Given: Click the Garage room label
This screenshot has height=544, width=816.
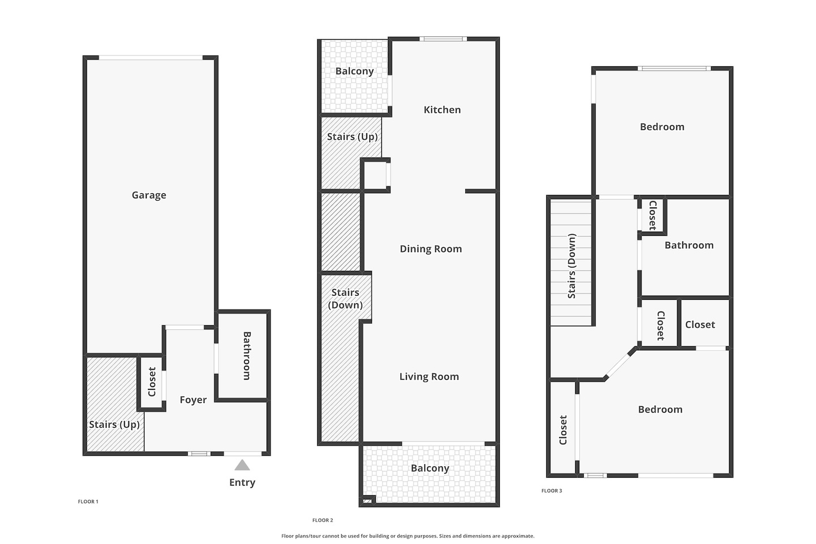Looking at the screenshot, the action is click(148, 195).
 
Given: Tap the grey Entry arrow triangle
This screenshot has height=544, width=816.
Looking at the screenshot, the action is click(243, 465).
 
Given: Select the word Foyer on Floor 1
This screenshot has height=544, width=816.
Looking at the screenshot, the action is click(193, 399).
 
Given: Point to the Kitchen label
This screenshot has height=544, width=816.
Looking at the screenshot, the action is click(442, 110).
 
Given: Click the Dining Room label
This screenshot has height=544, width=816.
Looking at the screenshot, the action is click(431, 249).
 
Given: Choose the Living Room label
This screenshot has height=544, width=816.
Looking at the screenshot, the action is click(429, 376).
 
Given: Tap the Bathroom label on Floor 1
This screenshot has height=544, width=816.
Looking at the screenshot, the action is click(247, 356).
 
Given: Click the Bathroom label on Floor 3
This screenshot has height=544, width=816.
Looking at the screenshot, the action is click(689, 245).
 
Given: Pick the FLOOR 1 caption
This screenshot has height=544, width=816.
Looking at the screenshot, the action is click(88, 501).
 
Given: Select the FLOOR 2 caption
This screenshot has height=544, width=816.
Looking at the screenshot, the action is click(322, 520).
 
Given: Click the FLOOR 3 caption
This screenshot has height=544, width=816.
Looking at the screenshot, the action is click(551, 490).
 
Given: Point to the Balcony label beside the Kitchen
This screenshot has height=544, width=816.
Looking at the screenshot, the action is click(355, 71).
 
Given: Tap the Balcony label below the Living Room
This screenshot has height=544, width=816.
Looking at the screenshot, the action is click(430, 468).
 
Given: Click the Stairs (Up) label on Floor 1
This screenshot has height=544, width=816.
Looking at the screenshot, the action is click(114, 424).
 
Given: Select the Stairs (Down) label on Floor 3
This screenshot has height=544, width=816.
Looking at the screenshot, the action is click(572, 266).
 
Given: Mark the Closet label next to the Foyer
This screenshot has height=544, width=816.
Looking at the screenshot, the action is click(152, 381).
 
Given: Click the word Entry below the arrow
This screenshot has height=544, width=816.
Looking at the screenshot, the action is click(243, 482).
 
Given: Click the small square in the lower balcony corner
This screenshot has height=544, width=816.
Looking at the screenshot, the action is click(368, 500).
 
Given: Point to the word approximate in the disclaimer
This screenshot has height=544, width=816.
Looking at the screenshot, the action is click(518, 536).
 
